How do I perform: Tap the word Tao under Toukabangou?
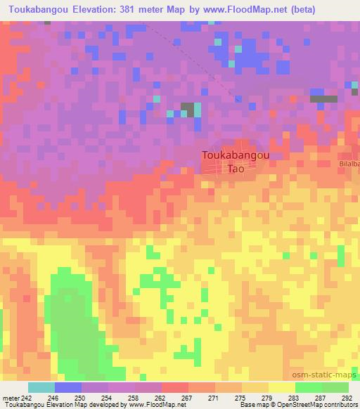(x=235, y=169)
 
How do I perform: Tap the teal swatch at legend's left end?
(x=41, y=387)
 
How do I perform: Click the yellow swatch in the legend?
(x=281, y=387)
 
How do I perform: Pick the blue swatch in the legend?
(x=68, y=387)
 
